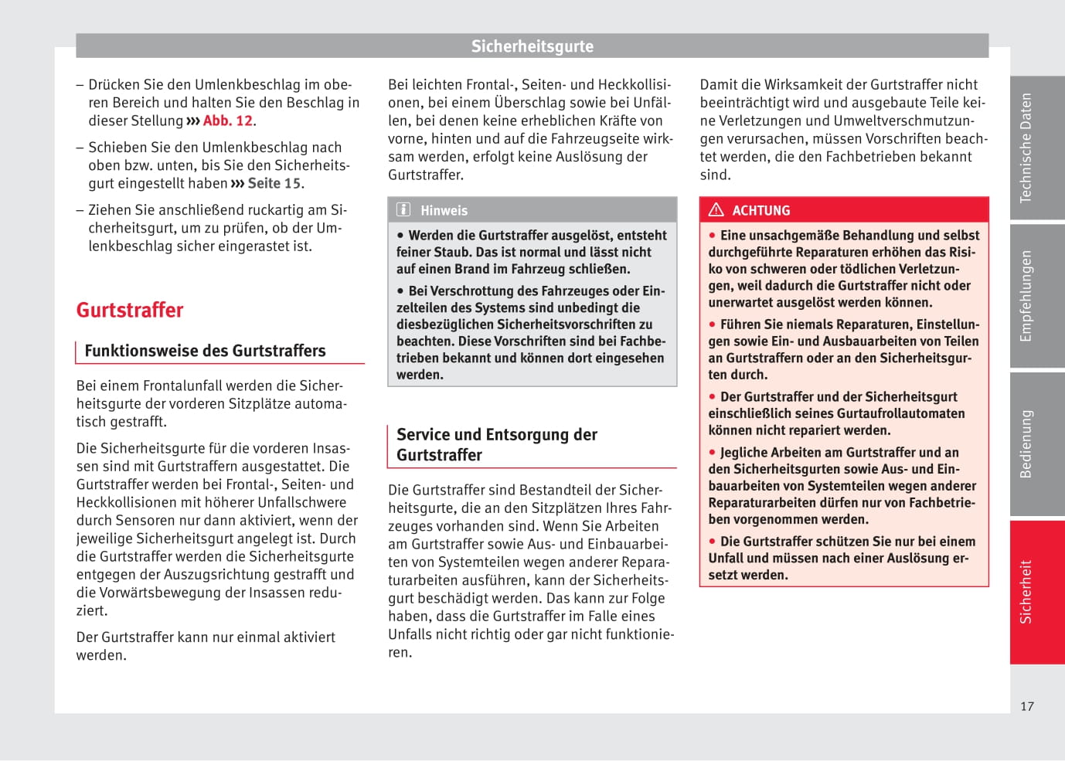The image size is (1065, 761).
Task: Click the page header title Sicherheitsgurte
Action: [x=532, y=46]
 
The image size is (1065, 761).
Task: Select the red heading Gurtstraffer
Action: [x=130, y=311]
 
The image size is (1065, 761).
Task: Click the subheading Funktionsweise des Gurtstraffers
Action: [x=205, y=351]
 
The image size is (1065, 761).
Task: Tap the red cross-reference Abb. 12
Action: [x=227, y=121]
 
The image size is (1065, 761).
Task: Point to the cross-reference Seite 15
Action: [x=274, y=184]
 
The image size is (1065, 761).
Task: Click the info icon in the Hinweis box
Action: [x=403, y=210]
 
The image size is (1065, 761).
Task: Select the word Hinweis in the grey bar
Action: [x=444, y=211]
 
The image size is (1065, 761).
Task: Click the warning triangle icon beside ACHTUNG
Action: [x=716, y=210]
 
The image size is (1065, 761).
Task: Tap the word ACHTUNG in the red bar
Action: [x=761, y=211]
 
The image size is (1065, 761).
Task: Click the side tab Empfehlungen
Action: [x=1026, y=296]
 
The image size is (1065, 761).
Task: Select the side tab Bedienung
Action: [x=1026, y=444]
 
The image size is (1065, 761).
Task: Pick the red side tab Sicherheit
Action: [x=1026, y=592]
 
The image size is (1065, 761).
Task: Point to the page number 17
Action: [x=1027, y=706]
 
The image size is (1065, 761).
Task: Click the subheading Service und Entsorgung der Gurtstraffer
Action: [x=497, y=445]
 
